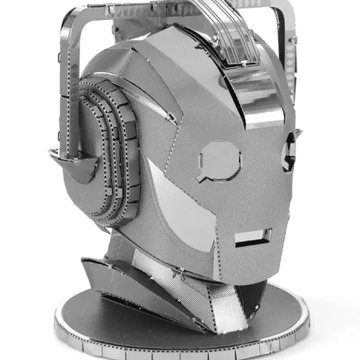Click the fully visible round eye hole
220,158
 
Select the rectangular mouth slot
253,237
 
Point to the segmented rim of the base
180,349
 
